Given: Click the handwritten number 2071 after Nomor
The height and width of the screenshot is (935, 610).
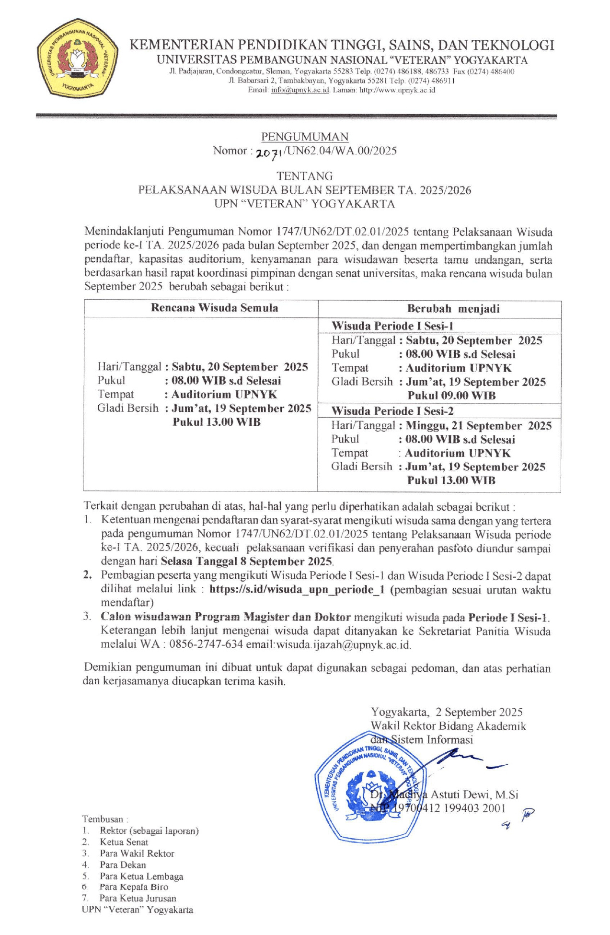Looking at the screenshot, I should [269, 152].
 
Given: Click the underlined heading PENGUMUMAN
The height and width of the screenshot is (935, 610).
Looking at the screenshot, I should [305, 137].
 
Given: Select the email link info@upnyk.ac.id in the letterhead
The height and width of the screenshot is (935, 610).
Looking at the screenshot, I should [300, 90].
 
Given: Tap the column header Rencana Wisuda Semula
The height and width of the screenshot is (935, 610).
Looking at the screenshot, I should [214, 308].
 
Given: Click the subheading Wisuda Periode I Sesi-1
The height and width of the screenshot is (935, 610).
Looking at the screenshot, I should [392, 326].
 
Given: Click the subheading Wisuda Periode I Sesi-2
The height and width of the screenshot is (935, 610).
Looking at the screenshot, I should [392, 411].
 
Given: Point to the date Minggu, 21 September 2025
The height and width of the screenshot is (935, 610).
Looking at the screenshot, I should [478, 426].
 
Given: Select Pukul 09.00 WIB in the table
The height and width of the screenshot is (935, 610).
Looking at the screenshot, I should [451, 396].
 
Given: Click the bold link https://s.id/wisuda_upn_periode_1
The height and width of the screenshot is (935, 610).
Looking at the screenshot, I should [297, 589].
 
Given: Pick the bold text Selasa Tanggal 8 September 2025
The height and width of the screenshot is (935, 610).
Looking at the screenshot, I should [246, 561].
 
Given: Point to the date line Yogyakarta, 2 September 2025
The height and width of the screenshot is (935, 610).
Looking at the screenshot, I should [447, 712].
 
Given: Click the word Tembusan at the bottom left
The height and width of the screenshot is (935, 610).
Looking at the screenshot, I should [102, 819].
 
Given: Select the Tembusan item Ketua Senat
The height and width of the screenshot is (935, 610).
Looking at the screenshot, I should [124, 842].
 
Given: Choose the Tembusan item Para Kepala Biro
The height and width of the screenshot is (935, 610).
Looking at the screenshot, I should [134, 887].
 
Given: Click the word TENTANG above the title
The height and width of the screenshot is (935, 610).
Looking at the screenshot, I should [305, 176].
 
